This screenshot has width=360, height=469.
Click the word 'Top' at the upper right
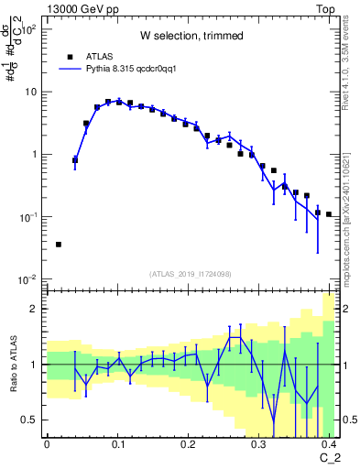click(324, 8)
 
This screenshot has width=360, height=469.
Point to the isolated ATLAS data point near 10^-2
click(59, 245)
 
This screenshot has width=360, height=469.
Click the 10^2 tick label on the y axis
click(30, 29)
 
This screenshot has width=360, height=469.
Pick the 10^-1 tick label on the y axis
click(29, 217)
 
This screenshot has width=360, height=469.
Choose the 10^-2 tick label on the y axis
click(29, 279)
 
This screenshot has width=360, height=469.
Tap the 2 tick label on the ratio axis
click(37, 309)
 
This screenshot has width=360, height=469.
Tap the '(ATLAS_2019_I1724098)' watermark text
click(191, 273)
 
